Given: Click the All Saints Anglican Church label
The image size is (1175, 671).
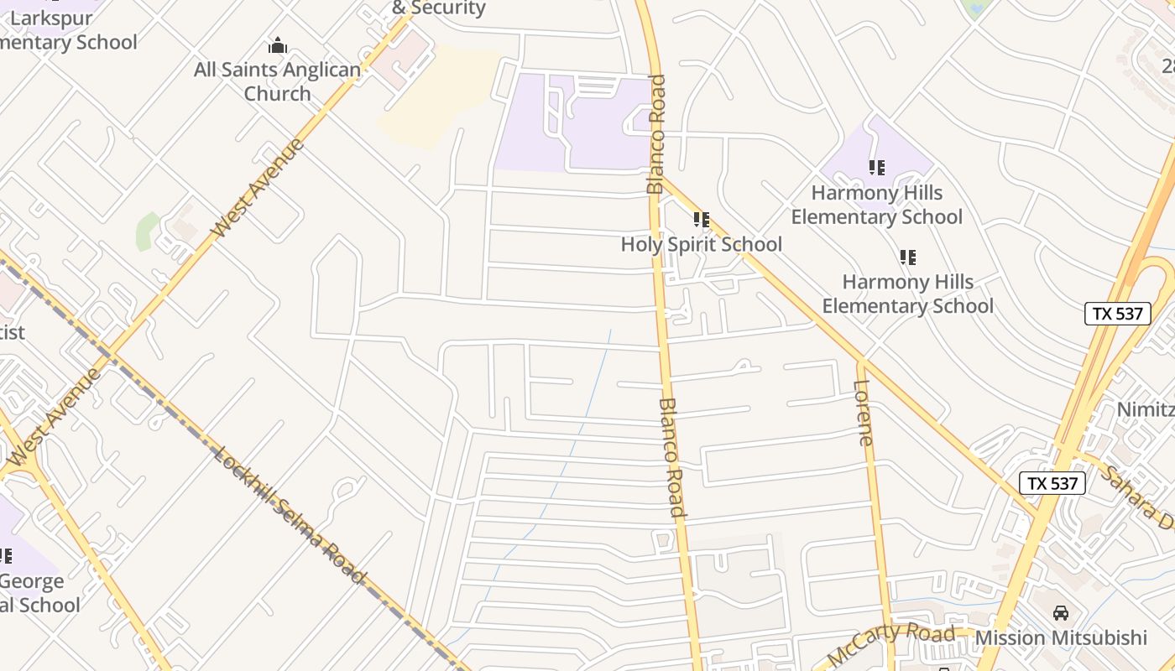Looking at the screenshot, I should point(277,81).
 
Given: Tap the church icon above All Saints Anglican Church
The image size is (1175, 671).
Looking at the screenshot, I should point(277,45).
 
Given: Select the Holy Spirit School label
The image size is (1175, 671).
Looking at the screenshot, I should point(702,244).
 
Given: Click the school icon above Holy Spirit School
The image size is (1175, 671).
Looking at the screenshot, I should point(702,220).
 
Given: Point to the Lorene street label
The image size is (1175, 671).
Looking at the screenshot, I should point(864,413).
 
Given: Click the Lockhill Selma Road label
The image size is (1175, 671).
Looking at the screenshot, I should point(290,515).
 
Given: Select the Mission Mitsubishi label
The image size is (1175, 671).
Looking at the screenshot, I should point(1061,637).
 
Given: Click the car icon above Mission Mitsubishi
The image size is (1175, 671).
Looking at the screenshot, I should point(1061,613).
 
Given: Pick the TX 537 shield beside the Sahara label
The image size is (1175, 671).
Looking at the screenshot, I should point(1052,483).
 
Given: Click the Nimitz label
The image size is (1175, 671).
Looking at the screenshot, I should point(1145,409).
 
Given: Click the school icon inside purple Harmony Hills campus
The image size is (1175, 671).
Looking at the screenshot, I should point(877,168).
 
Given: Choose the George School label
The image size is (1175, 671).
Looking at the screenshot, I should point(34,592).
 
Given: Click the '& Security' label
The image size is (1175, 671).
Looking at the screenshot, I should point(439,8).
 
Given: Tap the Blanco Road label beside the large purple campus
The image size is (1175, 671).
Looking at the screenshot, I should point(656,134).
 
